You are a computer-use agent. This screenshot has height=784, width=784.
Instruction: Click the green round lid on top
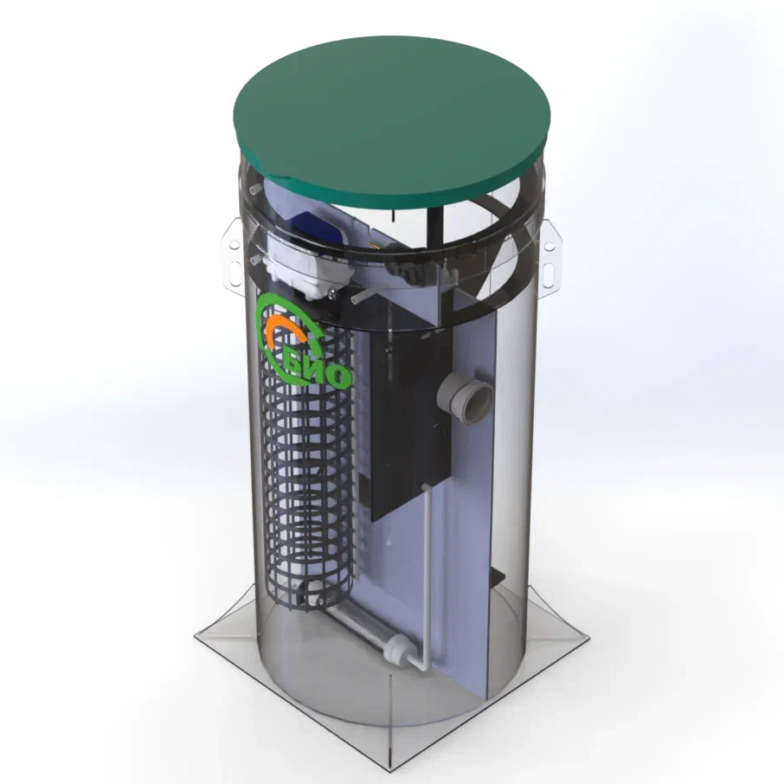coord(393,120)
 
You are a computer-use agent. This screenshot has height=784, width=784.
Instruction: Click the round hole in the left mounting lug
coord(233,245)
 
